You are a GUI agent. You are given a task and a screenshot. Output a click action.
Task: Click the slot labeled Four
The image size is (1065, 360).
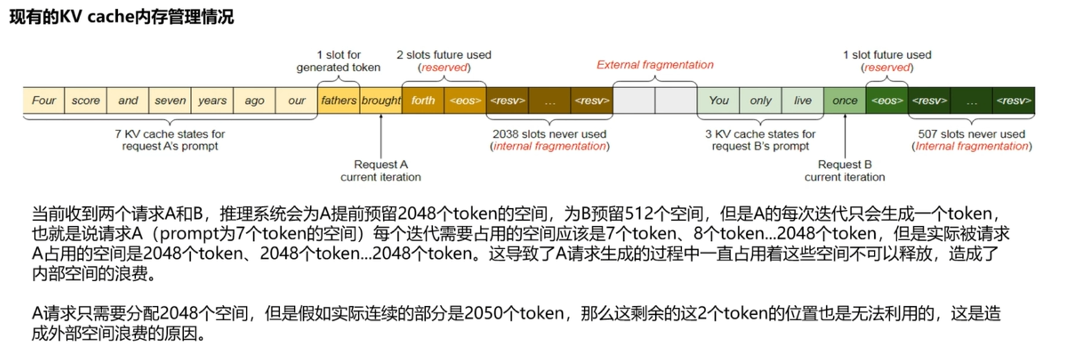[44, 100]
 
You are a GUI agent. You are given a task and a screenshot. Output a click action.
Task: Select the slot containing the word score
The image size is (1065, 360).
[86, 100]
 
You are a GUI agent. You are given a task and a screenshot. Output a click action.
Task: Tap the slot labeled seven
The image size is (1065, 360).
[170, 100]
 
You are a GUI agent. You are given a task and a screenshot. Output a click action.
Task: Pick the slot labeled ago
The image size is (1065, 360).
[254, 100]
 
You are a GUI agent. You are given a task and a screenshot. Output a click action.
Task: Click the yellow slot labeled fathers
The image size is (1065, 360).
[339, 100]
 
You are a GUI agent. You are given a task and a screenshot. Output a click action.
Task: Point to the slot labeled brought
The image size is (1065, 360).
[381, 100]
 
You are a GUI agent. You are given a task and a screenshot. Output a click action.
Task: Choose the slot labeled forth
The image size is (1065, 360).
[423, 100]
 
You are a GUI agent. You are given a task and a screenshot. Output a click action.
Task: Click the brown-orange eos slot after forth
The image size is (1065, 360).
[465, 100]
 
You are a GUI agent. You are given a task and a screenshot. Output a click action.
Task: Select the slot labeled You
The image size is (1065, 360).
[719, 100]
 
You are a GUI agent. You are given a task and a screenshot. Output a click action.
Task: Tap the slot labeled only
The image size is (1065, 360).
[761, 100]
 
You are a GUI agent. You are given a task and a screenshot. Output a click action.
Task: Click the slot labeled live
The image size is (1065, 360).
[803, 100]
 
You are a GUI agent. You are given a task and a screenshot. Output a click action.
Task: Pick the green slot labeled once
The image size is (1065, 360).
[845, 100]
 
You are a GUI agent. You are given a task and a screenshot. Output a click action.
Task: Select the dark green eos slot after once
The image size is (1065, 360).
[887, 100]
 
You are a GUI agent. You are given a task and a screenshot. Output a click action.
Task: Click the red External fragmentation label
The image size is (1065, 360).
[655, 65]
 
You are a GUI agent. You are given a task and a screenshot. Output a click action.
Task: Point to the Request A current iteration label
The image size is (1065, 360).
[381, 171]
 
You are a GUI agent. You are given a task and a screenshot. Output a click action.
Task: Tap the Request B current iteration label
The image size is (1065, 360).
[844, 171]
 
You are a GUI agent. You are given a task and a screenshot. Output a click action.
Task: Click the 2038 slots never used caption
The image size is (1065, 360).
[550, 140]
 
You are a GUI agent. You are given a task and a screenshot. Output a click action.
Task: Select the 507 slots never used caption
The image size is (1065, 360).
[971, 140]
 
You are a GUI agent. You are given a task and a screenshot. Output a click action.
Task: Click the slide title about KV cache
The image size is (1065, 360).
[122, 17]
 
